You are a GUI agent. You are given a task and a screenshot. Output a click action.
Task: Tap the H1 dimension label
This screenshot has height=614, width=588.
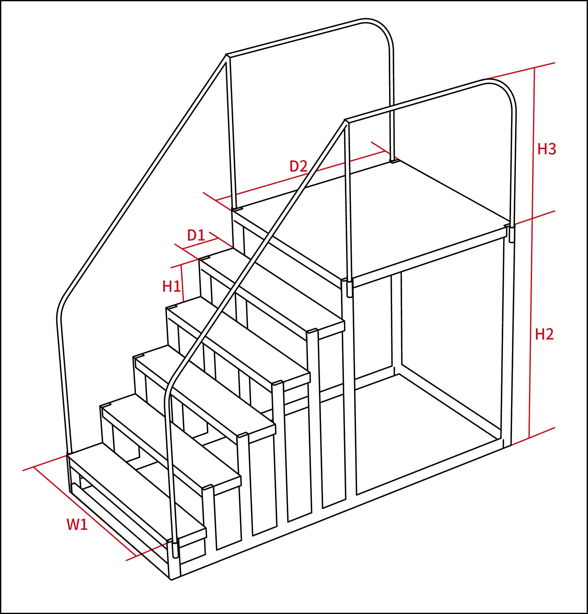pos(171,286)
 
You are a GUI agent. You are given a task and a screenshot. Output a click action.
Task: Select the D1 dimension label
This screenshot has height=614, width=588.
pos(196,235)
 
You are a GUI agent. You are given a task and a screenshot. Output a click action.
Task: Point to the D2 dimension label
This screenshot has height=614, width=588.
pos(298,166)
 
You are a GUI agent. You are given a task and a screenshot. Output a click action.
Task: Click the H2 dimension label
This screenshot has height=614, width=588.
pos(544,334)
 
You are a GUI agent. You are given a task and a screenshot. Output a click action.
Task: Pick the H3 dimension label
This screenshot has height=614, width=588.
pos(547,149)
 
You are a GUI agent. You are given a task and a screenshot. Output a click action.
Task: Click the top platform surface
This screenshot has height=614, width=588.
pos(370,219)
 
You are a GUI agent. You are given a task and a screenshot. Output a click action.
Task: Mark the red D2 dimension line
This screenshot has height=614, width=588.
pos(300,176)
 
